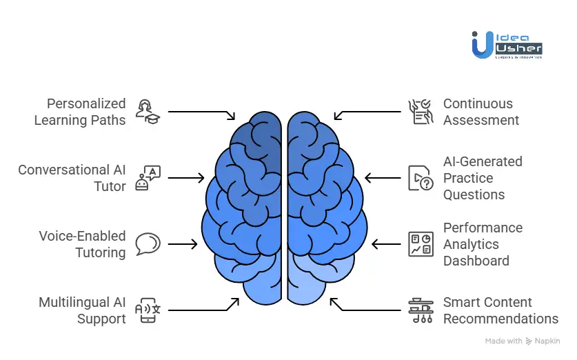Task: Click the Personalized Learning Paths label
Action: pyautogui.click(x=80, y=112)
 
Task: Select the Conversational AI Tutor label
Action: pyautogui.click(x=72, y=178)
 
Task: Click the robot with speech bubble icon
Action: pyautogui.click(x=148, y=178)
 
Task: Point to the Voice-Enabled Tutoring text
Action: pyautogui.click(x=82, y=244)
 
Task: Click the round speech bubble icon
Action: pyautogui.click(x=148, y=243)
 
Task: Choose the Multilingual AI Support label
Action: pyautogui.click(x=82, y=310)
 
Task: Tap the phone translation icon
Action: pyautogui.click(x=148, y=310)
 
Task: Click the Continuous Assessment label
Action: pyautogui.click(x=481, y=112)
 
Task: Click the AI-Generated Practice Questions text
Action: pyautogui.click(x=483, y=178)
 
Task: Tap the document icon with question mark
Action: pyautogui.click(x=420, y=178)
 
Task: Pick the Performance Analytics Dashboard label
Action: pyautogui.click(x=483, y=244)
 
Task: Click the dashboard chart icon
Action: pyautogui.click(x=420, y=244)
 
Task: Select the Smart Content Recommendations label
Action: pyautogui.click(x=500, y=310)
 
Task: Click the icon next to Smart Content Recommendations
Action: pyautogui.click(x=420, y=310)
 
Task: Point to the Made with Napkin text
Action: pyautogui.click(x=523, y=341)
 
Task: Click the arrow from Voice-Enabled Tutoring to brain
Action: pyautogui.click(x=183, y=244)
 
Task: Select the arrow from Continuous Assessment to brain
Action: pyautogui.click(x=368, y=112)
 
